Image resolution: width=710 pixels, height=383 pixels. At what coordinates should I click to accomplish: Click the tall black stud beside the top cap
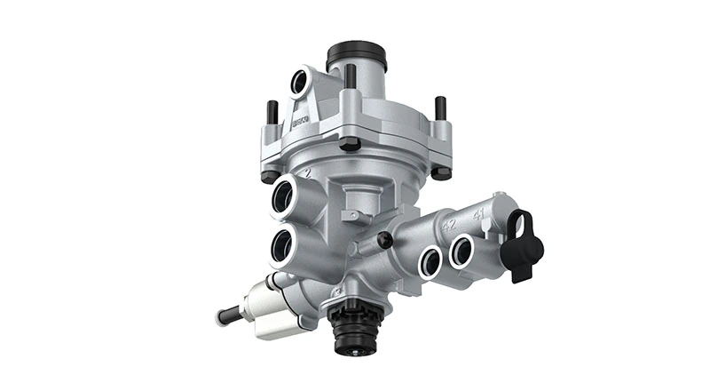351,78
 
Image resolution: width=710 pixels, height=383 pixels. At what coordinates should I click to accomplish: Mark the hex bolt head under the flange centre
348,143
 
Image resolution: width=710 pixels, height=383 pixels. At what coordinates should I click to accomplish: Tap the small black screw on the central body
383,241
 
